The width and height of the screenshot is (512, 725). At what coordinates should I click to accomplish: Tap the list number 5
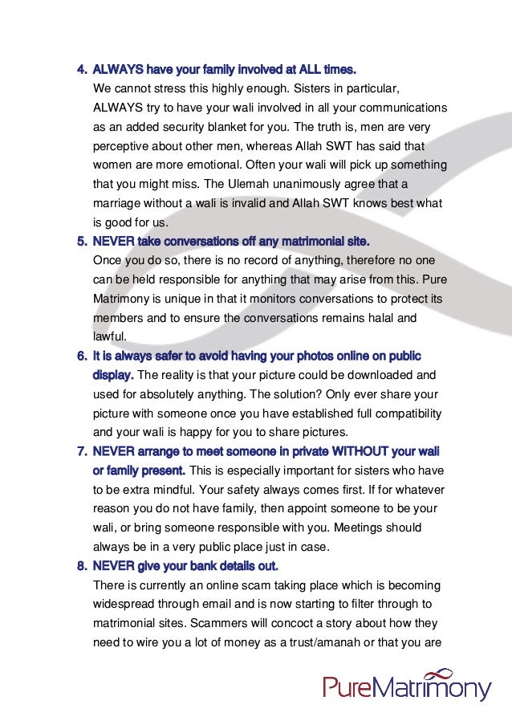point(81,240)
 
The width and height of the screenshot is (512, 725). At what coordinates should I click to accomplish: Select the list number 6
point(81,355)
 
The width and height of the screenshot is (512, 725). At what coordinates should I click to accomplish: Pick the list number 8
point(81,565)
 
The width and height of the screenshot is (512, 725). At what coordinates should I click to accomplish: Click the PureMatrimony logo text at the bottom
point(407,688)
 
